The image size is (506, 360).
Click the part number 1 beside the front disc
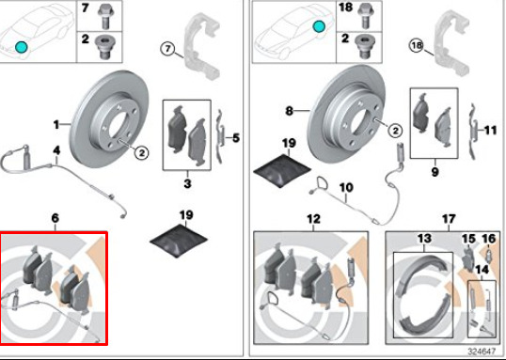pos(56,124)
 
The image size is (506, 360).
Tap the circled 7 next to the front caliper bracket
pos(167,49)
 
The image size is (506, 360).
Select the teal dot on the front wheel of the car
pos(22,47)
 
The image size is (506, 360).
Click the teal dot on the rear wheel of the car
pos(319,26)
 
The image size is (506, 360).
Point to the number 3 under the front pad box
pos(187,183)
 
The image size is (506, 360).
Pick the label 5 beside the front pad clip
pos(236,138)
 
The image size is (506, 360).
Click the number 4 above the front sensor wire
pos(56,150)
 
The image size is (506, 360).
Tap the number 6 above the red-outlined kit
pos(55,218)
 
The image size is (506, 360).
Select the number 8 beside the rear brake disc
pos(289,111)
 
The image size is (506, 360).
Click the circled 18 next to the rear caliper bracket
pos(417,45)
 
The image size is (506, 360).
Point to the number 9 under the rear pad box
pos(435,172)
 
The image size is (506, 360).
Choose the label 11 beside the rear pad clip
pos(490,131)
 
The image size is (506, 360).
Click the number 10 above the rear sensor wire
pos(346,187)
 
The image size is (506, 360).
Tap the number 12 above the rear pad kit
pos(314,219)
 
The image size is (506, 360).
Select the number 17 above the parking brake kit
pos(449,219)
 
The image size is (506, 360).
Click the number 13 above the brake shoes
pos(424,239)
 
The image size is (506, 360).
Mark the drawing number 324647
pos(482,351)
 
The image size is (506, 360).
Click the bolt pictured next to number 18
pos(365,15)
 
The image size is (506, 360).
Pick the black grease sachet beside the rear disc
pos(283,170)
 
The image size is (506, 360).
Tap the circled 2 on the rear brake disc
pos(395,131)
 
